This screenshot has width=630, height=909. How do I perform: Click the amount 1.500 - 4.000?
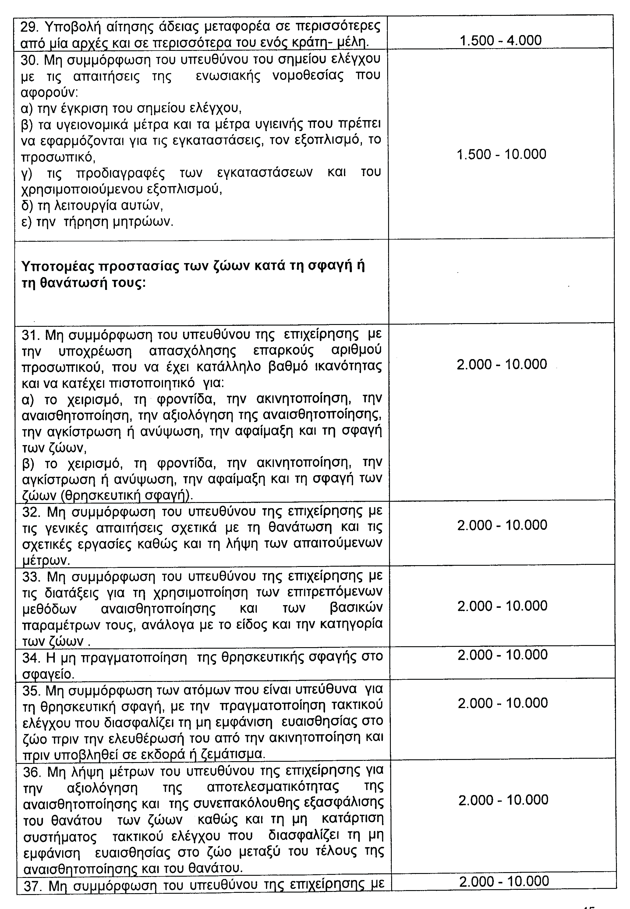[501, 40]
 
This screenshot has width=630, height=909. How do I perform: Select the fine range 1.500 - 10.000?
[501, 154]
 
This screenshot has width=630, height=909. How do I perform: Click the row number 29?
[28, 27]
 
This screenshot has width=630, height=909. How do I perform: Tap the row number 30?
[28, 59]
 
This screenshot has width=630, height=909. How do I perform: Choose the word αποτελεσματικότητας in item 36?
[273, 787]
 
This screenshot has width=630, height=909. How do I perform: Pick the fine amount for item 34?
[502, 655]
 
